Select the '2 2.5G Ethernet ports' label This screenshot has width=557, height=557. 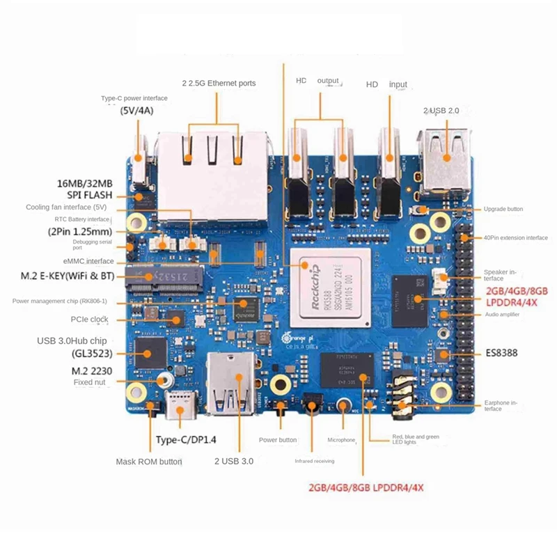pyautogui.click(x=219, y=84)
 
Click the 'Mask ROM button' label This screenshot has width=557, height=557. pyautogui.click(x=149, y=462)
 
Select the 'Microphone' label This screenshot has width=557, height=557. pyautogui.click(x=342, y=440)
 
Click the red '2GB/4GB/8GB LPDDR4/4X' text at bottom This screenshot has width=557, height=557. pyautogui.click(x=366, y=487)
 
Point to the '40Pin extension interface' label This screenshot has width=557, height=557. pyautogui.click(x=515, y=237)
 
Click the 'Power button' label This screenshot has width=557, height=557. pyautogui.click(x=278, y=440)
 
